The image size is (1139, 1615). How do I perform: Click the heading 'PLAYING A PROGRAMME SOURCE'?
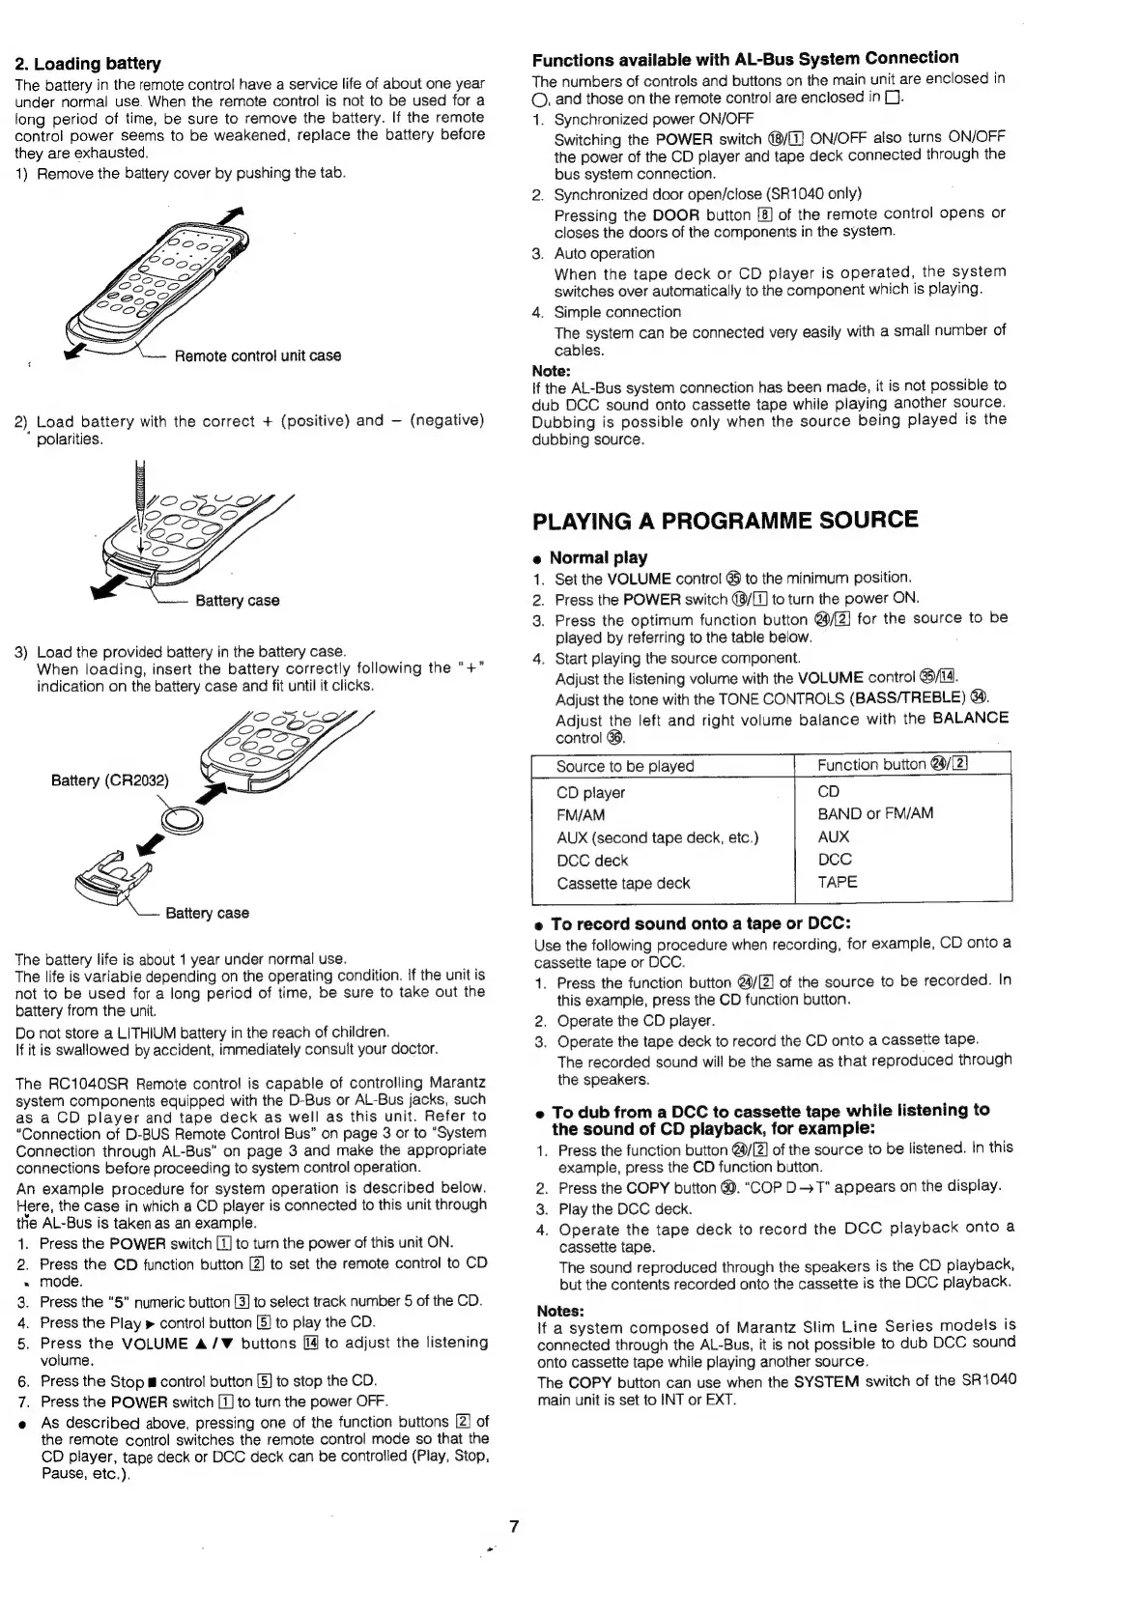click(725, 520)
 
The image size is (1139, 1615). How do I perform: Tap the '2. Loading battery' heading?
click(87, 64)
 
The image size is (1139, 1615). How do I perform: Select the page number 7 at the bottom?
click(514, 1526)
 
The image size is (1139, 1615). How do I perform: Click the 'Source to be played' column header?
click(624, 766)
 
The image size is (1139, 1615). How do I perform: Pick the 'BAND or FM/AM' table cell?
click(875, 813)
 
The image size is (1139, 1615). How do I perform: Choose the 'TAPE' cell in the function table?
click(837, 882)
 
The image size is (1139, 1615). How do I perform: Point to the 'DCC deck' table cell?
click(591, 860)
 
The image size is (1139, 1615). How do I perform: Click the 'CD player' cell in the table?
click(590, 792)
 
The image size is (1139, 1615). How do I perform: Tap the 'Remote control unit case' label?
click(257, 355)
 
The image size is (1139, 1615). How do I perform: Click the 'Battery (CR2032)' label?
click(109, 780)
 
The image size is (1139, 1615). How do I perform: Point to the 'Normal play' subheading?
click(598, 557)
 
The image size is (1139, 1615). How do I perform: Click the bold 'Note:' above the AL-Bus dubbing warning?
click(551, 370)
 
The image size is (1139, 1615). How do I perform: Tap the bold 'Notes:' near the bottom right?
click(560, 1311)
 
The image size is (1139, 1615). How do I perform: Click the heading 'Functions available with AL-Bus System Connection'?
click(746, 58)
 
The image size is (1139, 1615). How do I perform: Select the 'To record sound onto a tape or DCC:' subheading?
click(700, 923)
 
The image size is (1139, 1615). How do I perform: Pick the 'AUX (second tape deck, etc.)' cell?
click(657, 836)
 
